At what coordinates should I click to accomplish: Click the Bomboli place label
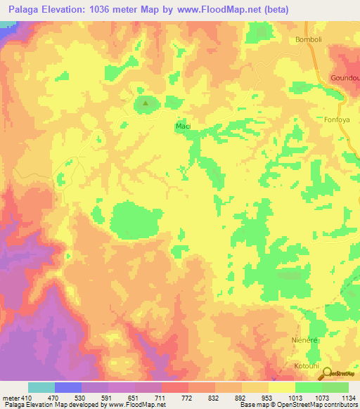(309, 39)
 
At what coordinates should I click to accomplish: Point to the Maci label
(183, 126)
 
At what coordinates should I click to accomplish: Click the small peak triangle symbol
(146, 105)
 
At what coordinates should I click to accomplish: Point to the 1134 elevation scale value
(348, 397)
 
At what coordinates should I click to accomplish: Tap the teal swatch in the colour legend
(41, 387)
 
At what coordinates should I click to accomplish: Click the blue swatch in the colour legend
(68, 387)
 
